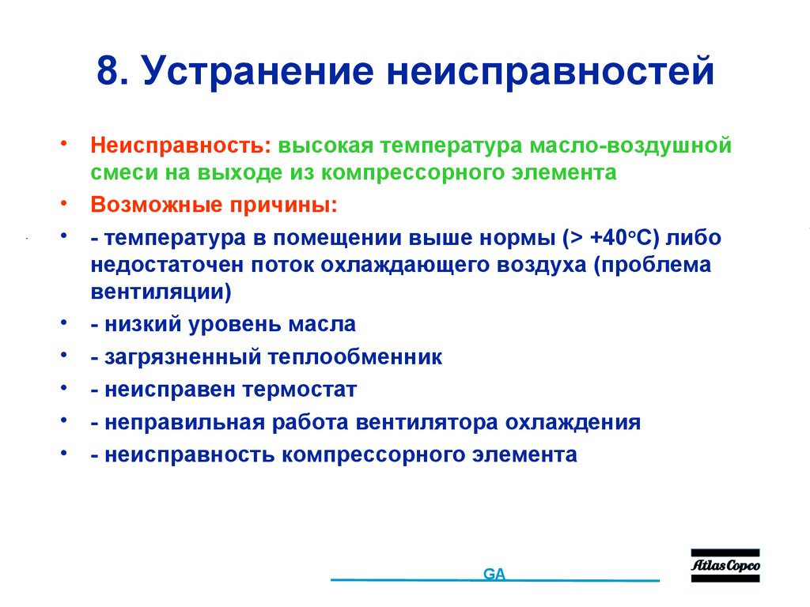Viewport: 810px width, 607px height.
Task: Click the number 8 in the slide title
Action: pyautogui.click(x=107, y=71)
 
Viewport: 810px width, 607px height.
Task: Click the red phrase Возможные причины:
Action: pyautogui.click(x=213, y=205)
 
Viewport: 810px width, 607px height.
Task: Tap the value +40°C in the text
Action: pyautogui.click(x=619, y=239)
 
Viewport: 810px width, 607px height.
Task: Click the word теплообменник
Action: pyautogui.click(x=355, y=357)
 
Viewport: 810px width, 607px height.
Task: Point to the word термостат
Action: pyautogui.click(x=300, y=390)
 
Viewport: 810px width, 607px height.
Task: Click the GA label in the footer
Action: pyautogui.click(x=494, y=575)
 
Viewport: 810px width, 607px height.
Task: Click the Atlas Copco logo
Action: pyautogui.click(x=725, y=565)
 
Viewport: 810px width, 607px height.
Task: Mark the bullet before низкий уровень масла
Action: pyautogui.click(x=62, y=322)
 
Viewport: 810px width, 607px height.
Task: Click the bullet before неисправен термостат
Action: pyautogui.click(x=62, y=388)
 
